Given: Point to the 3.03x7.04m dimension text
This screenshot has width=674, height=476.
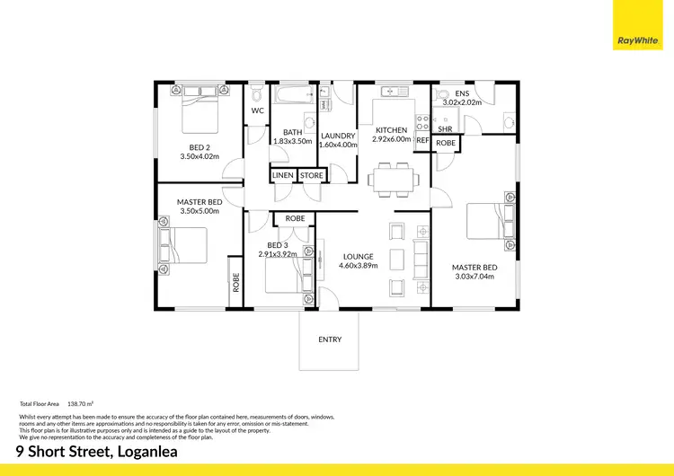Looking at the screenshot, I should point(474,276).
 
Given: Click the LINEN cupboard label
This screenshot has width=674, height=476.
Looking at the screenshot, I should point(282,175).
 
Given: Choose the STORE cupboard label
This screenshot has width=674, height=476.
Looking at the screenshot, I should point(311,175).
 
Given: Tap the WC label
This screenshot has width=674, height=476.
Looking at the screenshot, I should point(257,111).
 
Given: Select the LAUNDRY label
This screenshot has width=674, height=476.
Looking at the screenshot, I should point(338,137).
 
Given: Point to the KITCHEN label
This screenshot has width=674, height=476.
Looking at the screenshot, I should point(392,130).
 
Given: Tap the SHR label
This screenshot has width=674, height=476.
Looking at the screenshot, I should point(445,128).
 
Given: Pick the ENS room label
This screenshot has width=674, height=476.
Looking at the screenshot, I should point(462,93).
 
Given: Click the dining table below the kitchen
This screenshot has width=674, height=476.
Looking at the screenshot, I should point(392,179).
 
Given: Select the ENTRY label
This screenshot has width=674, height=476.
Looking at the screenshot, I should point(330,339).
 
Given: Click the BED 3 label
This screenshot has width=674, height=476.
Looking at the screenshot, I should point(279,244).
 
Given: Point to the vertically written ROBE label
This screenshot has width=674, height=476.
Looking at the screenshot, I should point(236,284).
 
